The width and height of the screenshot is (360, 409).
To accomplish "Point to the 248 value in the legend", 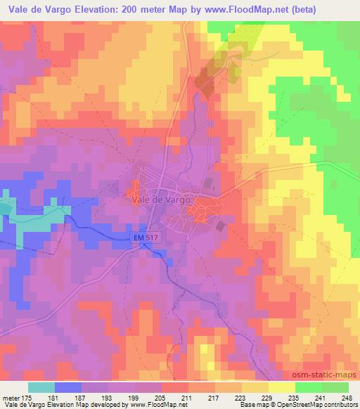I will (x=348, y=398).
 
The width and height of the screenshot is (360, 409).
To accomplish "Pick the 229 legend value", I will (x=268, y=398).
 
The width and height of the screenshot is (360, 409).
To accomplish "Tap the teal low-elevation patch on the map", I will (x=6, y=207).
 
